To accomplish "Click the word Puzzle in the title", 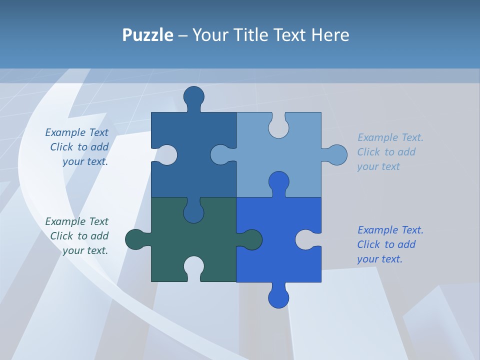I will (147, 35).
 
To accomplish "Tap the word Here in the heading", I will (330, 35).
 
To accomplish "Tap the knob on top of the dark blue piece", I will (194, 97).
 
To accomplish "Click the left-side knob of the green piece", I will (135, 239).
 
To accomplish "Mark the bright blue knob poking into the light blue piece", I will (278, 182).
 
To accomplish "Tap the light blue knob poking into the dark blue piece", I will (220, 155).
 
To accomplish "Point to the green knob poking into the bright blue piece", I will (251, 239).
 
